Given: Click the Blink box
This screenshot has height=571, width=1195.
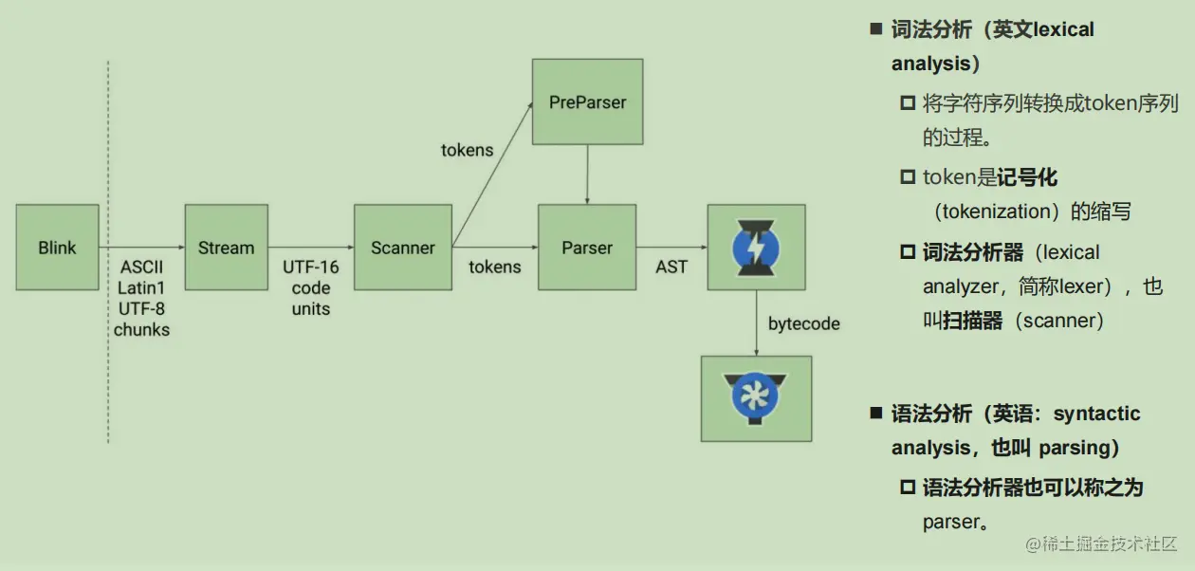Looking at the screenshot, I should (57, 248).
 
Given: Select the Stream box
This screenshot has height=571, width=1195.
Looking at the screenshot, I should (226, 248).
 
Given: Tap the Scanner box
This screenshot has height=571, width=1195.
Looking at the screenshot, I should (402, 248).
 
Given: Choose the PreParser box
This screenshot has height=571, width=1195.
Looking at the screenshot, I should (587, 102).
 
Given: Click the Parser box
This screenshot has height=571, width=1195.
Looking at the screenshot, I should (586, 248).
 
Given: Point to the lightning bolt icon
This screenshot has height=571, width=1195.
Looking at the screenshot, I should (756, 248).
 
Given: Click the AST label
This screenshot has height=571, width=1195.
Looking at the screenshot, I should (671, 267).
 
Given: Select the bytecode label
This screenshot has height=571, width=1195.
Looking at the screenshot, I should (804, 323).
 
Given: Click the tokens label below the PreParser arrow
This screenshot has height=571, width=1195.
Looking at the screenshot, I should (468, 150).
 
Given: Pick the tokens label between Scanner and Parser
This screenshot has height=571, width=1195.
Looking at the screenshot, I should (494, 267).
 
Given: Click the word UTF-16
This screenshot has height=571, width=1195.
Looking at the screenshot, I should (311, 267).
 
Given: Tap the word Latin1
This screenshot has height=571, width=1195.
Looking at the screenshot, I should (142, 287).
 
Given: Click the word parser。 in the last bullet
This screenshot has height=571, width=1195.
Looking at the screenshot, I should (956, 522).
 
